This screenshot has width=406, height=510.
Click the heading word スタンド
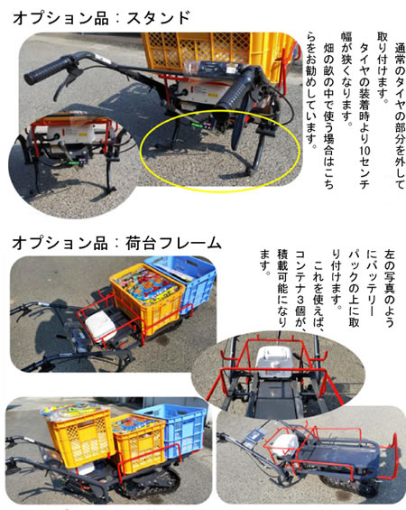(x=158, y=17)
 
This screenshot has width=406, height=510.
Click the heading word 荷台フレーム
(x=173, y=243)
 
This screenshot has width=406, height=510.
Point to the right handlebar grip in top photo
(x=234, y=89)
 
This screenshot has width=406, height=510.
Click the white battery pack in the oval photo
(x=273, y=362)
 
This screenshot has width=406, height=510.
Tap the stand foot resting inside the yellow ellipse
(x=250, y=172)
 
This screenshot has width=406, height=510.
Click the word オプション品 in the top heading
(x=60, y=17)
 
